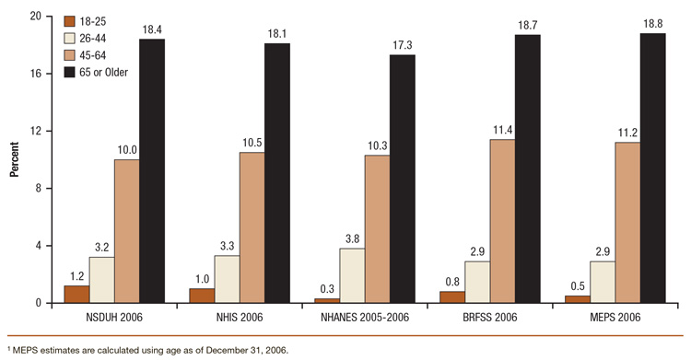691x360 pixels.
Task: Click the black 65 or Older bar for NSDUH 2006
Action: [x=152, y=171]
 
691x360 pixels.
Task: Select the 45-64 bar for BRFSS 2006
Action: [x=502, y=221]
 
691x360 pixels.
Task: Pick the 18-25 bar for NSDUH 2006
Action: [x=76, y=294]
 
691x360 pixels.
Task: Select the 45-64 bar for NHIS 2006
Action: [x=252, y=227]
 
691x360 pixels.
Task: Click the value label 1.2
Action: [x=76, y=276]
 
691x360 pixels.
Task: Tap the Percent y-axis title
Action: [x=14, y=159]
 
